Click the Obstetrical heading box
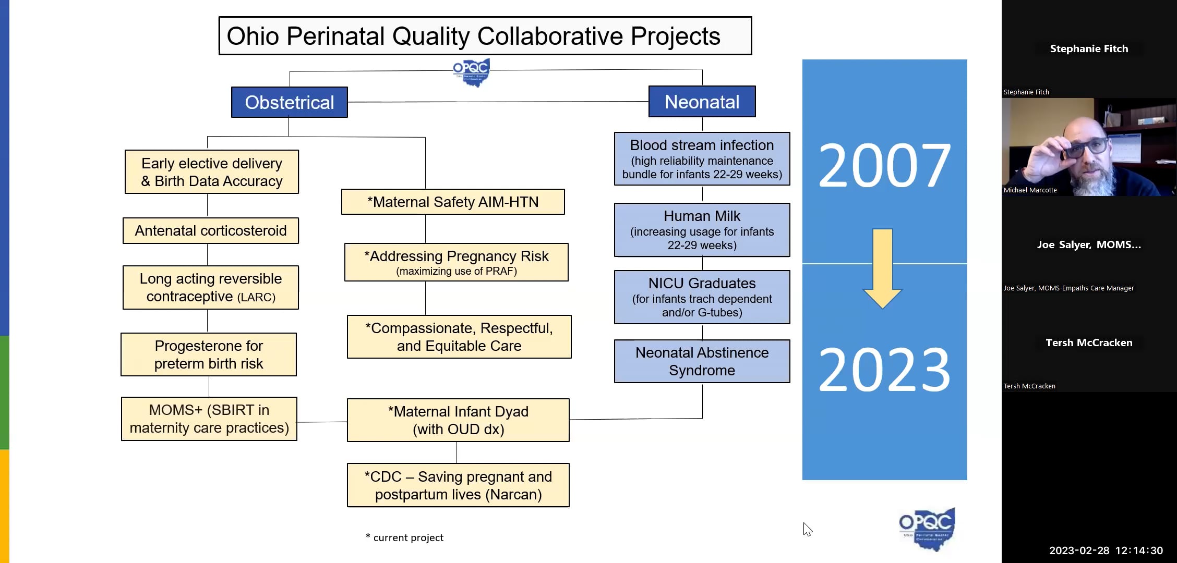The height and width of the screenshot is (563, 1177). click(289, 102)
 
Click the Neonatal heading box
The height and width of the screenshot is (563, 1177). click(702, 102)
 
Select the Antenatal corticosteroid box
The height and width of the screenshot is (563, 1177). click(211, 230)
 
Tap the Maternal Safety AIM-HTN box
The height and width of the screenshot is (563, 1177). click(453, 202)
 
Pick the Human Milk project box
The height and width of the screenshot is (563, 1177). click(702, 230)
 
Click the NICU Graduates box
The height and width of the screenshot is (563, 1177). click(702, 297)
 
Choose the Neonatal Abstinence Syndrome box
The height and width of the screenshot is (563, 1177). click(702, 361)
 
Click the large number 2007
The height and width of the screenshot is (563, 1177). click(884, 166)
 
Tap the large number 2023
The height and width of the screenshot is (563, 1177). click(884, 370)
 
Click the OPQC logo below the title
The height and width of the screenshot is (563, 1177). click(471, 72)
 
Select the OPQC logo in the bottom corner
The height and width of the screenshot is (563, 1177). click(927, 529)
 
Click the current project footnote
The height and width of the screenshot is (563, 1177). click(405, 537)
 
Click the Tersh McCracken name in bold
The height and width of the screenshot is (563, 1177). click(1089, 342)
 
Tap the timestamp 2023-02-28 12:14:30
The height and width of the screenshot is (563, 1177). click(1106, 550)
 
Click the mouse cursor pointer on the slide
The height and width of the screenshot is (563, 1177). click(808, 529)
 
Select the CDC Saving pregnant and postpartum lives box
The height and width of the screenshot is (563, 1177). click(458, 485)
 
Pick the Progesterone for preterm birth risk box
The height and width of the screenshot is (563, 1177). click(209, 354)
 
